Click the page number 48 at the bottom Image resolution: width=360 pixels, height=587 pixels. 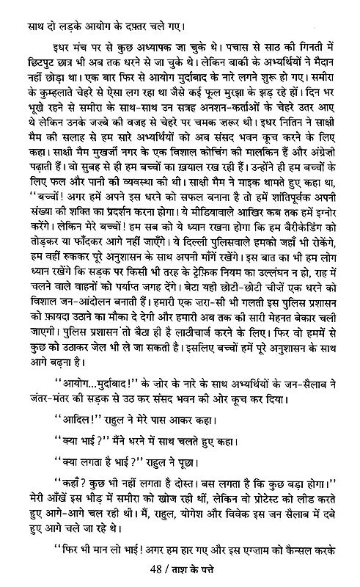(x=153, y=572)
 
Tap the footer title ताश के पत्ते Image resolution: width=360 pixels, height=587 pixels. (x=192, y=572)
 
